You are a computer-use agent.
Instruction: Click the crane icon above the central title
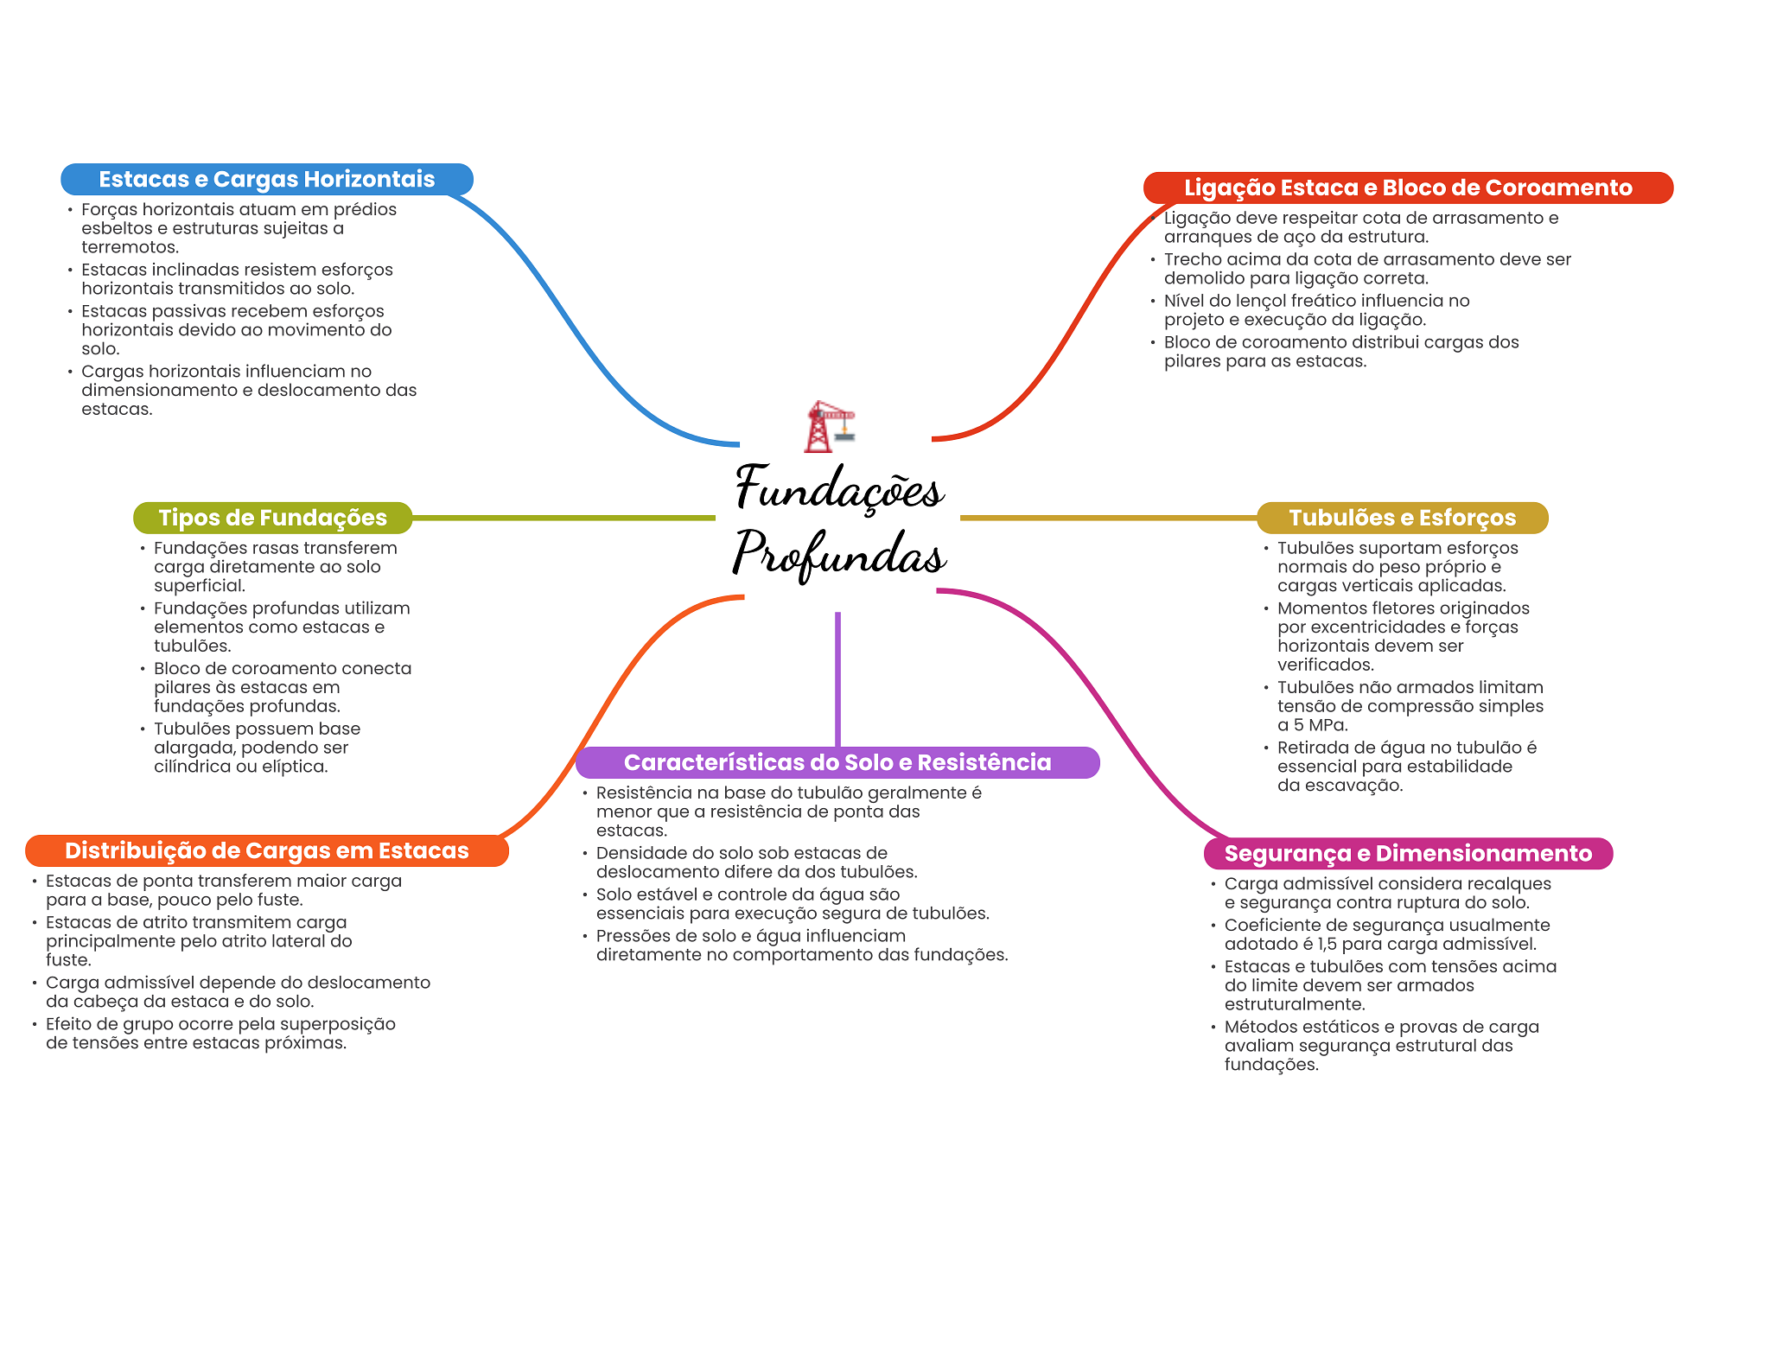829,426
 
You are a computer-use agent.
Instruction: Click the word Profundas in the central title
839,554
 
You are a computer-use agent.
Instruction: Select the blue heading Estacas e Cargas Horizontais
266,179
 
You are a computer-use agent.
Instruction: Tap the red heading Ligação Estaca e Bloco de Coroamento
1407,188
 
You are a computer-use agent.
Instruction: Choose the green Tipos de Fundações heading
272,518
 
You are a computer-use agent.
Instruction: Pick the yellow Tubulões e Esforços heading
1402,518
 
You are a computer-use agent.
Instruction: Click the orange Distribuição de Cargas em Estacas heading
266,850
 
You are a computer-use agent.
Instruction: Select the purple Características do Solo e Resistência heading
837,762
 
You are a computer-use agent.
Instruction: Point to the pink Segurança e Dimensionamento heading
1407,853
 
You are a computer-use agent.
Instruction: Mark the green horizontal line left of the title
562,518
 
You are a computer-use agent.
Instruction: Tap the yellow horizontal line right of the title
1106,518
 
